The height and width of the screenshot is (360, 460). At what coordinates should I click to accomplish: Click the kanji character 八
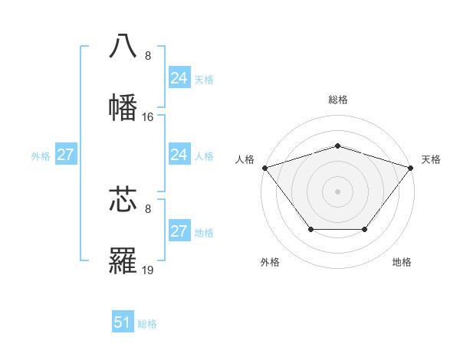tap(123, 46)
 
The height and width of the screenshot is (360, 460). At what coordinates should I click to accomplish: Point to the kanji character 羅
tap(123, 261)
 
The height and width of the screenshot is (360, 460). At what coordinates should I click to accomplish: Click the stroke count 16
tap(148, 117)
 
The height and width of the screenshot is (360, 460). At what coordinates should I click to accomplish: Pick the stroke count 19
tap(148, 270)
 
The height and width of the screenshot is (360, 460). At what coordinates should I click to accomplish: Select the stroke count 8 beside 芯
tap(148, 208)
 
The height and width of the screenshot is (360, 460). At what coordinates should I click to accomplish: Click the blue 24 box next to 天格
tap(179, 78)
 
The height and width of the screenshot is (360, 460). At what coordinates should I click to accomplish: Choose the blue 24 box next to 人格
tap(179, 155)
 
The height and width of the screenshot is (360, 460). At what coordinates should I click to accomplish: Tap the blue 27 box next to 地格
tap(179, 231)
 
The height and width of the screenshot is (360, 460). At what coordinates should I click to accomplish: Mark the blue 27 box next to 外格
tap(65, 155)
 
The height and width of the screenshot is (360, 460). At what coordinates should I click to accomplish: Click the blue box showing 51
tap(123, 322)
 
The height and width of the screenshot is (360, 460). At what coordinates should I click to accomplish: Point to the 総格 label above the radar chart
tap(337, 100)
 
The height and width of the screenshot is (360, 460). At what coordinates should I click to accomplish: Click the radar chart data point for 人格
tap(264, 168)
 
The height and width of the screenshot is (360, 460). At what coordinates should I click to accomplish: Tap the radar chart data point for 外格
tap(310, 229)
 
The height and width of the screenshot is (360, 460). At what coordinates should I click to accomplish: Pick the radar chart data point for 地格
tap(365, 229)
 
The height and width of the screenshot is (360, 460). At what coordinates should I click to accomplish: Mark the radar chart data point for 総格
tap(337, 146)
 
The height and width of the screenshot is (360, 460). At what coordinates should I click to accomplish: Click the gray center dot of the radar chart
tap(337, 191)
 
